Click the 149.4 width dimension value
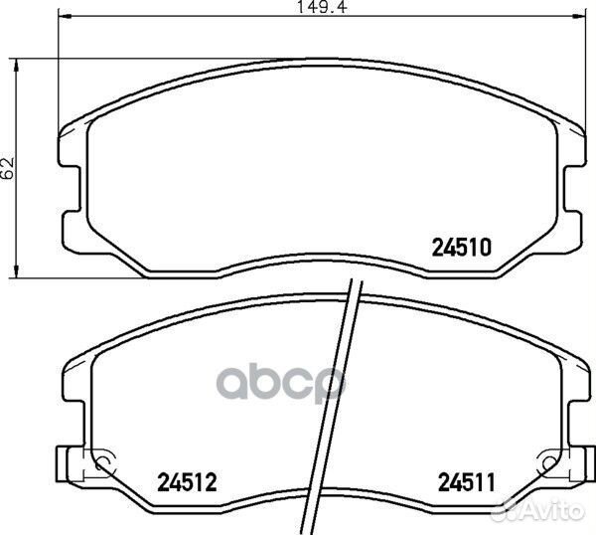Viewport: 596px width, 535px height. tap(322, 7)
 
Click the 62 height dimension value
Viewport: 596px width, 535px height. tap(8, 167)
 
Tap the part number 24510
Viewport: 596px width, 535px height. tap(462, 248)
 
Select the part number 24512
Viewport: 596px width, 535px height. tap(187, 481)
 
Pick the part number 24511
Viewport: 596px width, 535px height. tap(467, 482)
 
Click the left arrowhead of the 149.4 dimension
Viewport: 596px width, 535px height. tap(64, 16)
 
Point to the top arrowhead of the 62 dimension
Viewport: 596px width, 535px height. tap(16, 65)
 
